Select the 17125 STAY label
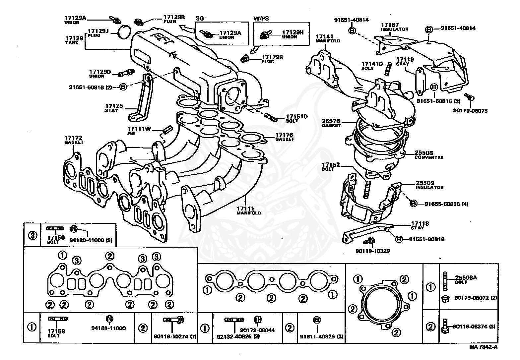coord(114,108)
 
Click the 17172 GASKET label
coord(74,140)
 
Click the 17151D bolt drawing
coord(271,117)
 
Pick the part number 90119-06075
coord(470,111)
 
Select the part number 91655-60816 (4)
coord(446,204)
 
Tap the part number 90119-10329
coord(372,251)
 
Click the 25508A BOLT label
coord(466,279)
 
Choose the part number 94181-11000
coord(108,328)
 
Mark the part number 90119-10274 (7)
coord(175,336)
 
